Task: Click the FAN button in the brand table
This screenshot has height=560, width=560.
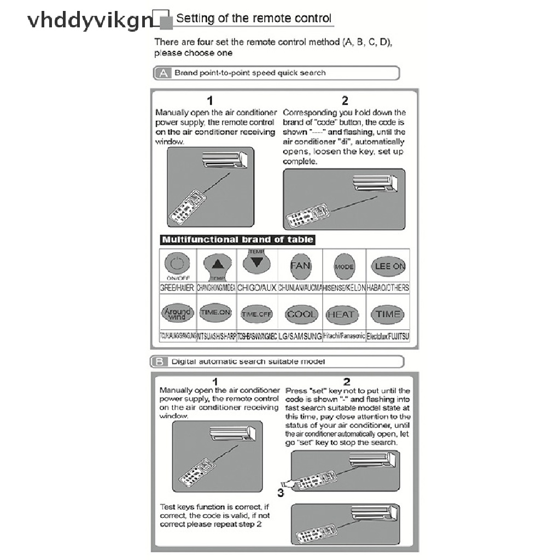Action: (300, 266)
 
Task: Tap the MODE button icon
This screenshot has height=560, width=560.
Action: (344, 266)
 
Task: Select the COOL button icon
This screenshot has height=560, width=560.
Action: (301, 314)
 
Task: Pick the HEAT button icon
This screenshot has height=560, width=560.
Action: (341, 314)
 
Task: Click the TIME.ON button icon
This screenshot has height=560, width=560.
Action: (215, 313)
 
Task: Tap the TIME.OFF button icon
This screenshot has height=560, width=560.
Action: (256, 314)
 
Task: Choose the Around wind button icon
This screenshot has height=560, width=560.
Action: (177, 313)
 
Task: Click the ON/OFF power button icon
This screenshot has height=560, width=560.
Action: (176, 265)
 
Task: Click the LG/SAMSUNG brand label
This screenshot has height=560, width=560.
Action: (300, 336)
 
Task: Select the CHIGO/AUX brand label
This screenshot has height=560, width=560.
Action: (257, 288)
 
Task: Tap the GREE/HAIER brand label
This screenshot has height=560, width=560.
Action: (177, 288)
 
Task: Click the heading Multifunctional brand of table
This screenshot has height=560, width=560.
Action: (237, 240)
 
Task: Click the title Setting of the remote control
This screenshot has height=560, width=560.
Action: (254, 18)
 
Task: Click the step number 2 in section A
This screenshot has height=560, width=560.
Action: (345, 100)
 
